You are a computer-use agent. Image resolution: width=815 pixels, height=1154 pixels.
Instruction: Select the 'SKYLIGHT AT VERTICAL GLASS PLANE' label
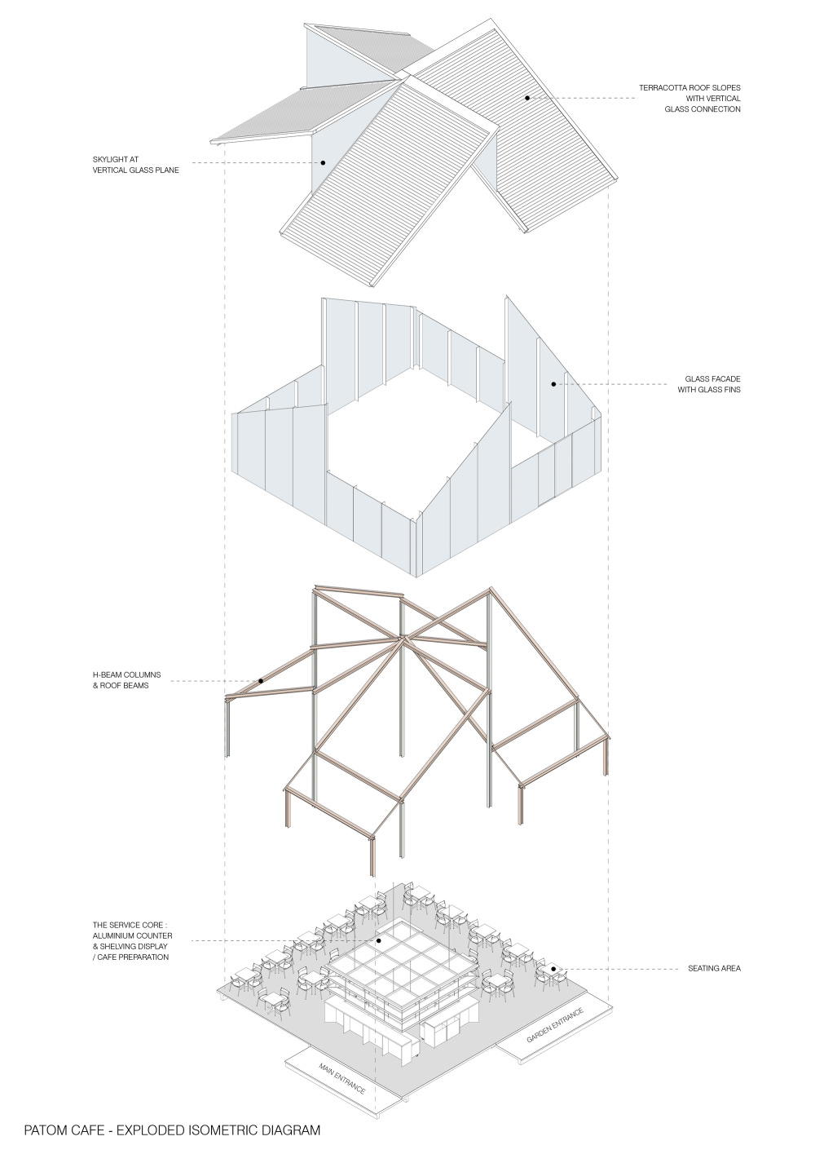(x=136, y=165)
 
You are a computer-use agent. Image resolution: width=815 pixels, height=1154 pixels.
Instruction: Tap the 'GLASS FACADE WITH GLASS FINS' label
(x=709, y=384)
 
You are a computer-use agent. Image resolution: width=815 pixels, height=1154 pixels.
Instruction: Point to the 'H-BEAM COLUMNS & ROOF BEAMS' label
(x=126, y=680)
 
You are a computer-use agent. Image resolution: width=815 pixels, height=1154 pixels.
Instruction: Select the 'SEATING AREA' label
(x=714, y=969)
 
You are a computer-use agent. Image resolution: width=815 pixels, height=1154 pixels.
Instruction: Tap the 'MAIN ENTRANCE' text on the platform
(x=341, y=1078)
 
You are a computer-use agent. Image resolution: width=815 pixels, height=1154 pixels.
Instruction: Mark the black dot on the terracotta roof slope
(x=527, y=97)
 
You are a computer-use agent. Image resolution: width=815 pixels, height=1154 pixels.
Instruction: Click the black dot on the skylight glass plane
(x=323, y=163)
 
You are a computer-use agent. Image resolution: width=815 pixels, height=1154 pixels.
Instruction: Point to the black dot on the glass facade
(x=553, y=384)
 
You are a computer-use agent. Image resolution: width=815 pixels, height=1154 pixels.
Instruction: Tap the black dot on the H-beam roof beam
(x=261, y=681)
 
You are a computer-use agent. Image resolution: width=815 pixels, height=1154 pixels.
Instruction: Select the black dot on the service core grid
(x=378, y=940)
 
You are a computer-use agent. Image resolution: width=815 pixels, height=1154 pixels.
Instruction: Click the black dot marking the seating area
(x=553, y=969)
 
